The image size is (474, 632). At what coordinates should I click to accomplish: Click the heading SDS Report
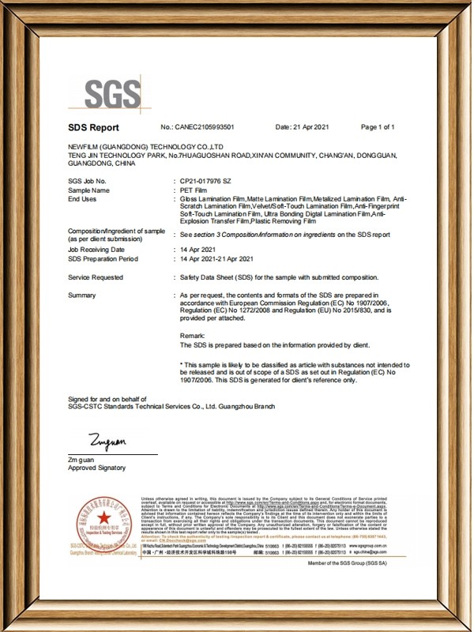[x=93, y=127]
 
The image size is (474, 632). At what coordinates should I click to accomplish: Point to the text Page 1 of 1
[x=378, y=127]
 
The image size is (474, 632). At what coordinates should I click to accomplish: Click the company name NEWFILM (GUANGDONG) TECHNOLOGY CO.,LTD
[x=146, y=148]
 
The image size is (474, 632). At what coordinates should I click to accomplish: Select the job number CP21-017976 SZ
[x=208, y=181]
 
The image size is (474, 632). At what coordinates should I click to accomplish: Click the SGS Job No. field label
[x=87, y=181]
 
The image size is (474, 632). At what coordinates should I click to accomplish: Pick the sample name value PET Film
[x=195, y=190]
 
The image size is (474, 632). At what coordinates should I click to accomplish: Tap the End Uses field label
[x=82, y=198]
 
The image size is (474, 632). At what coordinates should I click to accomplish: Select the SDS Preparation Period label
[x=103, y=258]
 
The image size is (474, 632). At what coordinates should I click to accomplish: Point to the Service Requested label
[x=96, y=277]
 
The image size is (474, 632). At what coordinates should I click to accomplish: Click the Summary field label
[x=82, y=295]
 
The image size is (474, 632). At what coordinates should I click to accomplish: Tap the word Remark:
[x=192, y=337]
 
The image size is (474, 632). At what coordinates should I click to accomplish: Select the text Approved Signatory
[x=96, y=468]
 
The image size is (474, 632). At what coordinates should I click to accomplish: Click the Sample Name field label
[x=88, y=190]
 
